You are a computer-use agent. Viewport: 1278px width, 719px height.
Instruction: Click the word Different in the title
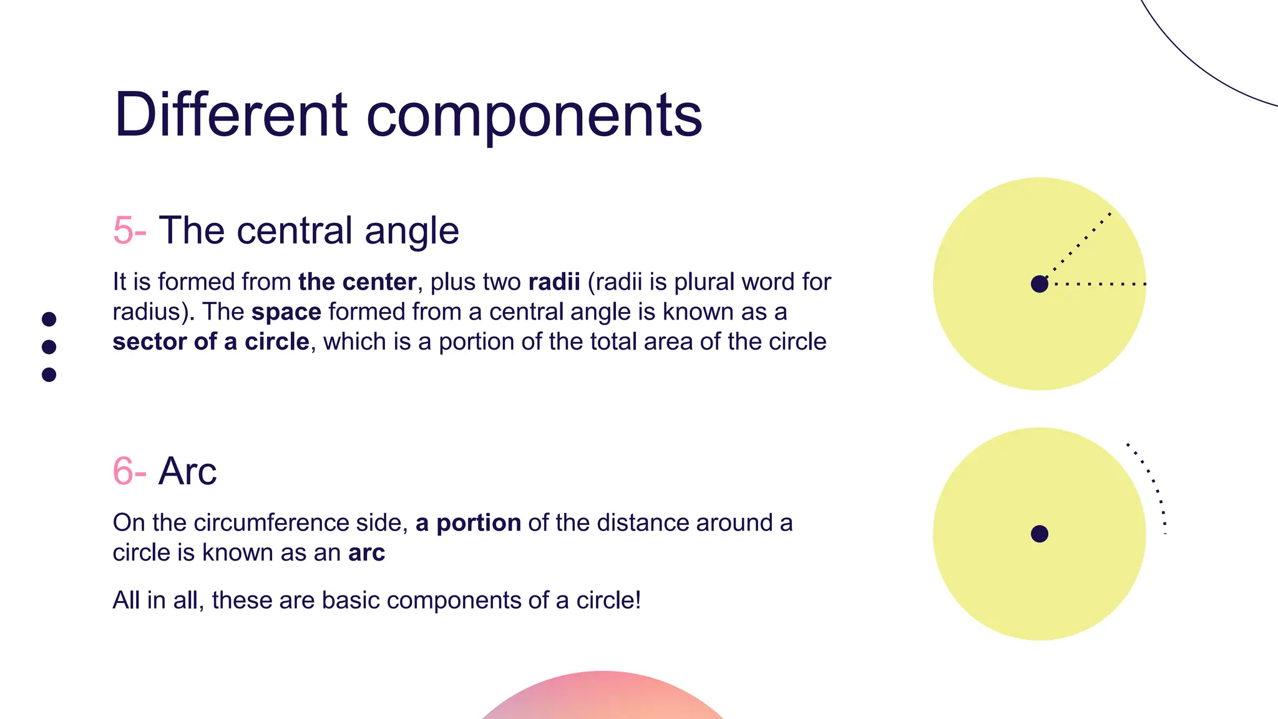pos(230,115)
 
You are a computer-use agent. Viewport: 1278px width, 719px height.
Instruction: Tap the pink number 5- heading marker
pos(129,230)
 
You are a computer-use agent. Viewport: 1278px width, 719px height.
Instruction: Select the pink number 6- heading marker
pos(129,471)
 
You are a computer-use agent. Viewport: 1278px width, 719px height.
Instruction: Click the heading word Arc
pos(188,471)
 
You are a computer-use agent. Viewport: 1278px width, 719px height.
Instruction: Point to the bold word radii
pos(554,282)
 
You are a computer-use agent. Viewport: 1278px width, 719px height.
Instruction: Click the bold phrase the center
pos(357,282)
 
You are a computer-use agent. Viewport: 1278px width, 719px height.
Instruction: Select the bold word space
pos(286,312)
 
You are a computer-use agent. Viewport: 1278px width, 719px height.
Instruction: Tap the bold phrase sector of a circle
pos(211,342)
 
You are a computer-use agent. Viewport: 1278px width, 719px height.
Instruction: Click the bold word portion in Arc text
pos(479,523)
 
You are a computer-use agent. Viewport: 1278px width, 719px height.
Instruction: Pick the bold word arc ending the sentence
pos(367,553)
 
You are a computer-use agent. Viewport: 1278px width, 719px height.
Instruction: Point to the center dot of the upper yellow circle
pos(1040,284)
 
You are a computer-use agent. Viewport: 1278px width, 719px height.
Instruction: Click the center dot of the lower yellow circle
pos(1040,534)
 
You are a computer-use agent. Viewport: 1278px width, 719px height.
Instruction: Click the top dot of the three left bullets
pos(49,319)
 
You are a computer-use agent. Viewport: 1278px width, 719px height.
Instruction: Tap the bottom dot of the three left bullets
pos(49,374)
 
